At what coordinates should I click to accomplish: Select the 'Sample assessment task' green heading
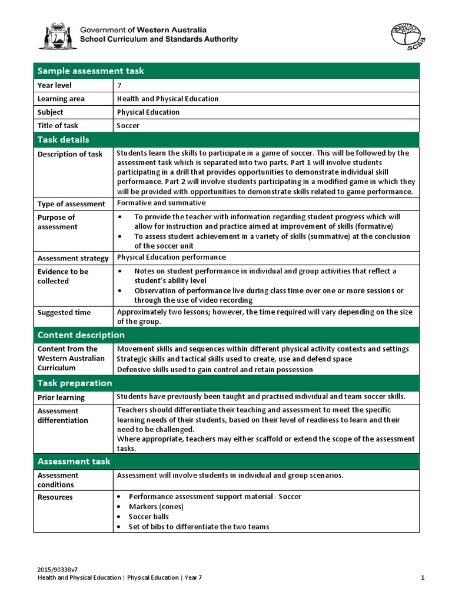(x=91, y=71)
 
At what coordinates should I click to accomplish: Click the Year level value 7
(x=119, y=85)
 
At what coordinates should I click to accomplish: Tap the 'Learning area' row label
(x=61, y=99)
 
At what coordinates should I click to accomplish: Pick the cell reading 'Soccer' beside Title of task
(x=128, y=125)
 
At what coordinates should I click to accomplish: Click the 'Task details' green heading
(x=64, y=140)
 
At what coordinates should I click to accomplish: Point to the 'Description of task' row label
(x=69, y=154)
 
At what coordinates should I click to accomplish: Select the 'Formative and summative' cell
(x=161, y=203)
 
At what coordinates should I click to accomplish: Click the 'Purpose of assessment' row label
(x=56, y=222)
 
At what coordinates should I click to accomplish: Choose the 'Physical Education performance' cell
(x=171, y=257)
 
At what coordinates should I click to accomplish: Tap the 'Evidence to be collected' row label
(x=62, y=276)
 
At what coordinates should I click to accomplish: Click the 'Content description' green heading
(x=81, y=335)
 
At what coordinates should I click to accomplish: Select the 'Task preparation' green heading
(x=75, y=383)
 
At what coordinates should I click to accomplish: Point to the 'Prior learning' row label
(x=61, y=397)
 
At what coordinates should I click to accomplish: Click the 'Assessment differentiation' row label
(x=62, y=416)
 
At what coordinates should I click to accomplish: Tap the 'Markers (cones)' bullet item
(x=156, y=507)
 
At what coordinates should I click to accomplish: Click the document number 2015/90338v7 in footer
(x=58, y=570)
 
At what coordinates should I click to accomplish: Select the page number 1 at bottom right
(x=423, y=578)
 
